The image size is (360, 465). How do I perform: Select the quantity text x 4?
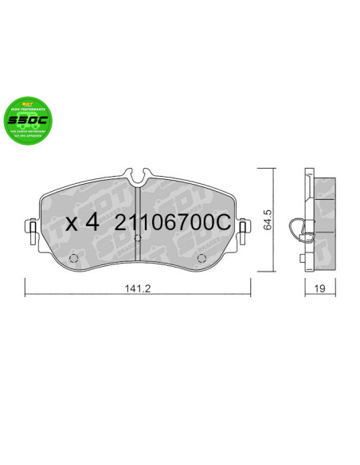tap(83, 223)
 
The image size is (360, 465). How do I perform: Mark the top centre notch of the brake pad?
tap(138, 170)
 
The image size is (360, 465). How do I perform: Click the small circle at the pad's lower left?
tap(75, 257)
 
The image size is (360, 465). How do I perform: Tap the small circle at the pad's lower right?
tap(201, 257)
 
